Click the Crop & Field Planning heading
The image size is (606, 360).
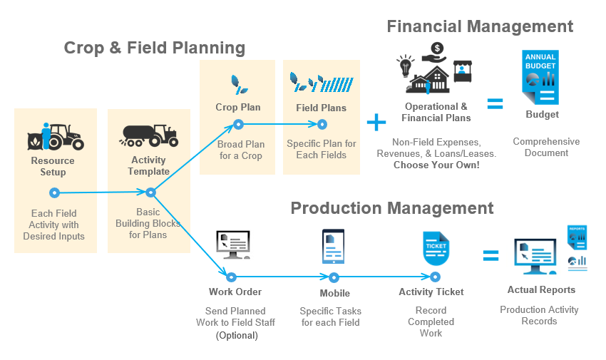[155, 48]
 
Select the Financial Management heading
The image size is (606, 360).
[480, 26]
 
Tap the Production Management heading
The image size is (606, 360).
[392, 208]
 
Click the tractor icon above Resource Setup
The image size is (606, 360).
[56, 135]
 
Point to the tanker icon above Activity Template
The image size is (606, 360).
[149, 135]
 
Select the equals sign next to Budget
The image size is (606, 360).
[495, 103]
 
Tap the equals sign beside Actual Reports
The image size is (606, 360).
[491, 255]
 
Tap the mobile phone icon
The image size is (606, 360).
[333, 247]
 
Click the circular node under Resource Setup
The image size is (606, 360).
[53, 192]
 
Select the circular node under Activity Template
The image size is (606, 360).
[150, 192]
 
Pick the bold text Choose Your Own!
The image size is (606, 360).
[436, 165]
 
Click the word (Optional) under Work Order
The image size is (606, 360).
[236, 335]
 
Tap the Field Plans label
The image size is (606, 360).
[321, 108]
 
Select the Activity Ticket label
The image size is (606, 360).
[431, 292]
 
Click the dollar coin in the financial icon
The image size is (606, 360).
[437, 48]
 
